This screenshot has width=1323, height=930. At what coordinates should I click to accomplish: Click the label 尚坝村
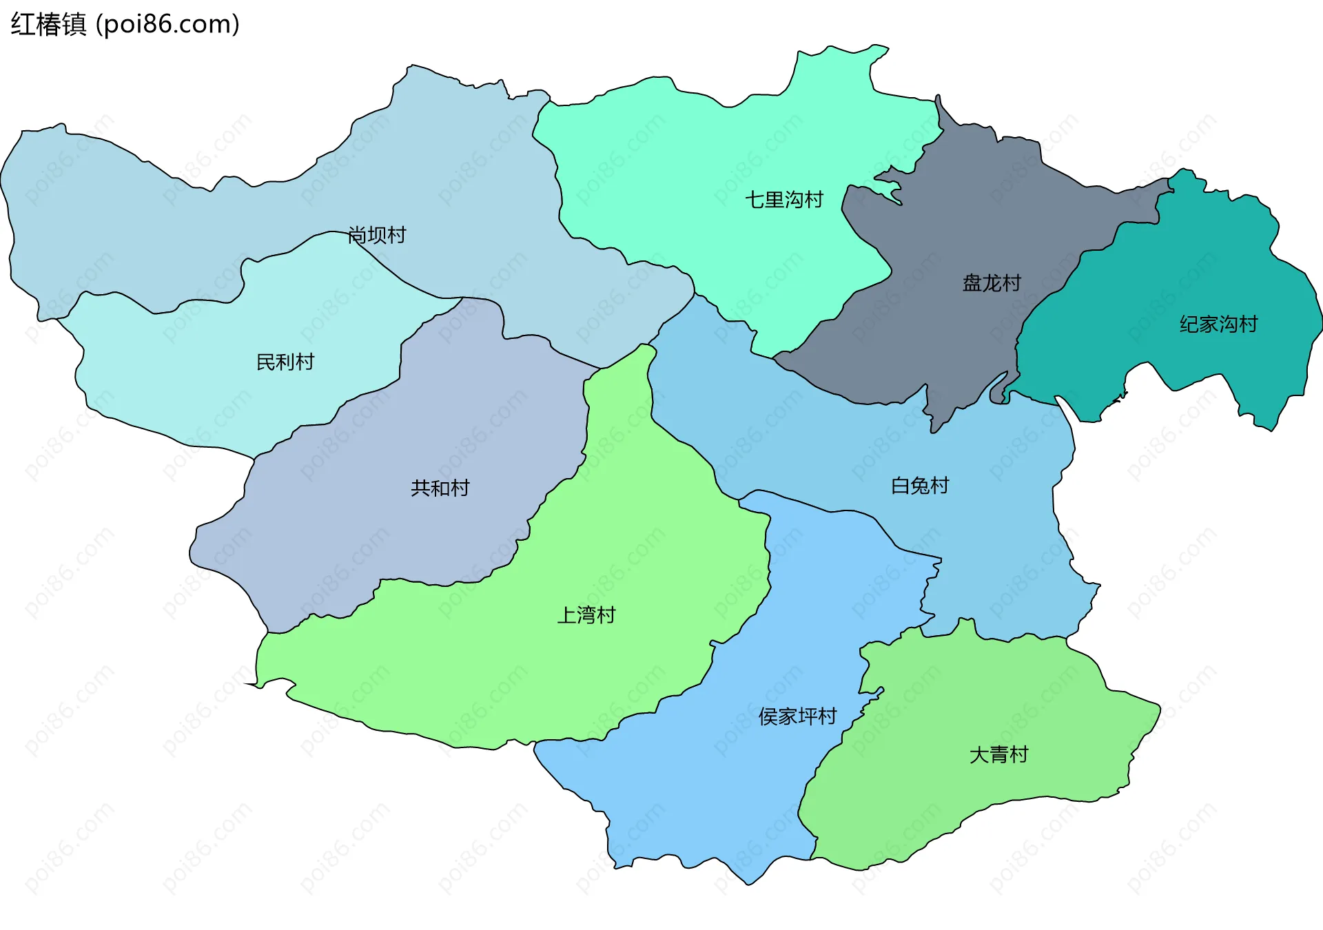tap(377, 236)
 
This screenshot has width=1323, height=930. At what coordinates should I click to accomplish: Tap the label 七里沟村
tap(784, 200)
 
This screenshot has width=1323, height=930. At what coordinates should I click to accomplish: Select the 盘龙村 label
tap(992, 283)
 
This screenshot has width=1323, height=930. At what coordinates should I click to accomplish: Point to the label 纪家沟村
tap(1218, 324)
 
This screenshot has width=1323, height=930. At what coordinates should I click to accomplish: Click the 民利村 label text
tap(285, 362)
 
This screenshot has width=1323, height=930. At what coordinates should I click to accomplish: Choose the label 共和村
tap(440, 488)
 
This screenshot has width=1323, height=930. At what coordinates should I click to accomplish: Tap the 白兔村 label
tap(920, 486)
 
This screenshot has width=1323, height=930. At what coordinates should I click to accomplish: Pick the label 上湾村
tap(586, 615)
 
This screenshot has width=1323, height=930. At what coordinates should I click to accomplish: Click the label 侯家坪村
tap(797, 716)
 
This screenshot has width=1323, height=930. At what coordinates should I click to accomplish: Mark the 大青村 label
tap(998, 755)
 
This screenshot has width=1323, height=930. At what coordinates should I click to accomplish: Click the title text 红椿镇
tap(48, 25)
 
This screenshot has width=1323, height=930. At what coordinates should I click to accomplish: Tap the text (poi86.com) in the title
tap(167, 25)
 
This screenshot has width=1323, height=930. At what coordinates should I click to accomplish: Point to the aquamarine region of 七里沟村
tap(689, 172)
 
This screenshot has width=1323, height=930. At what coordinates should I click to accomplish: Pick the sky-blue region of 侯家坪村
tap(724, 792)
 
